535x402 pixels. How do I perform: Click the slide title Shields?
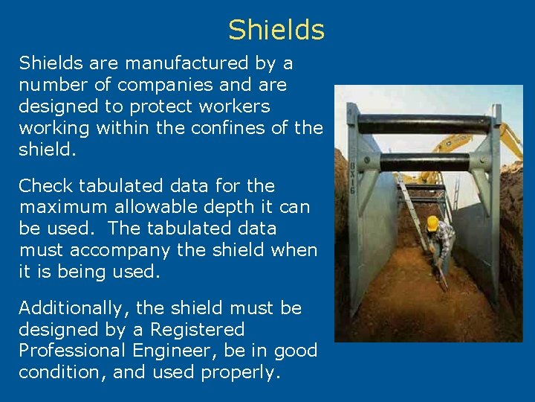pos(276,30)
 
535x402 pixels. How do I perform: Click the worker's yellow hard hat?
pos(432,223)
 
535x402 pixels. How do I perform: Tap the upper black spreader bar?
pos(424,124)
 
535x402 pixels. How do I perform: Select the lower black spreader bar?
pos(424,162)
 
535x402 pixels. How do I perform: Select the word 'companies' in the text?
pos(155,85)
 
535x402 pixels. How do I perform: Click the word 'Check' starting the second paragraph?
pos(45,185)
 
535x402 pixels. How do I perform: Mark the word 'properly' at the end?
pos(241,372)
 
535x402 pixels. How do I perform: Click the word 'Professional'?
pos(74,351)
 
